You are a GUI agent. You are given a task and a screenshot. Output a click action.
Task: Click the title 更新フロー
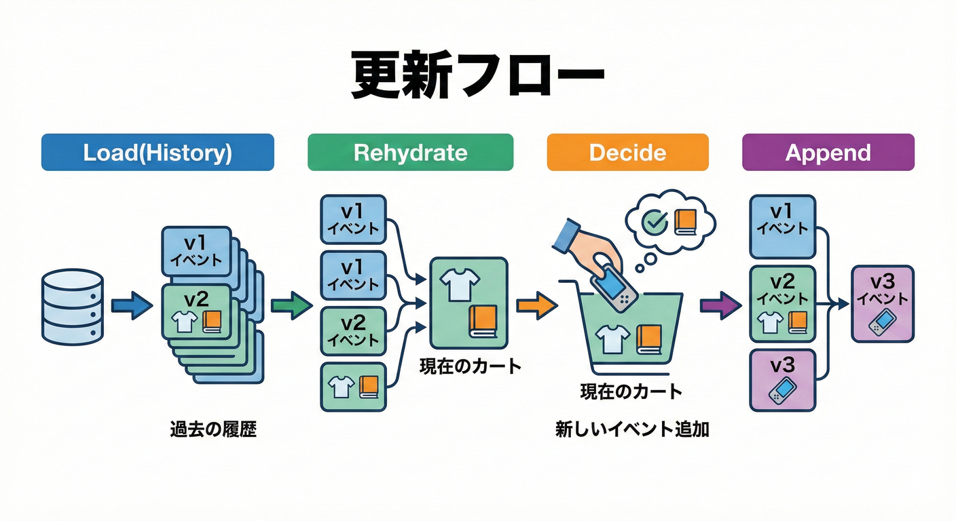477,75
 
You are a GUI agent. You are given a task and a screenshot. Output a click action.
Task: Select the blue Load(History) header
158,152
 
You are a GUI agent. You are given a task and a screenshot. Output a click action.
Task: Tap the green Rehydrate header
410,152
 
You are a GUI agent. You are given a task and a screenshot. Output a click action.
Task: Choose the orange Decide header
627,152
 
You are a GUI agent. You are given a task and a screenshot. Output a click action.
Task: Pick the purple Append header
828,152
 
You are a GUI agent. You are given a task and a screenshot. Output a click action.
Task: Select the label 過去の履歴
213,430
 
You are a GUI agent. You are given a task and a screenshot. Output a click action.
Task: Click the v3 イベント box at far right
882,303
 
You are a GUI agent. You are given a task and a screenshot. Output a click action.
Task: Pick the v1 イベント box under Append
782,227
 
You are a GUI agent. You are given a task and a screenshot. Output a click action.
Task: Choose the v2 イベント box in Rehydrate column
352,331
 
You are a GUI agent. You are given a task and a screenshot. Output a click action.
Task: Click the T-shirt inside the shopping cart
612,339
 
